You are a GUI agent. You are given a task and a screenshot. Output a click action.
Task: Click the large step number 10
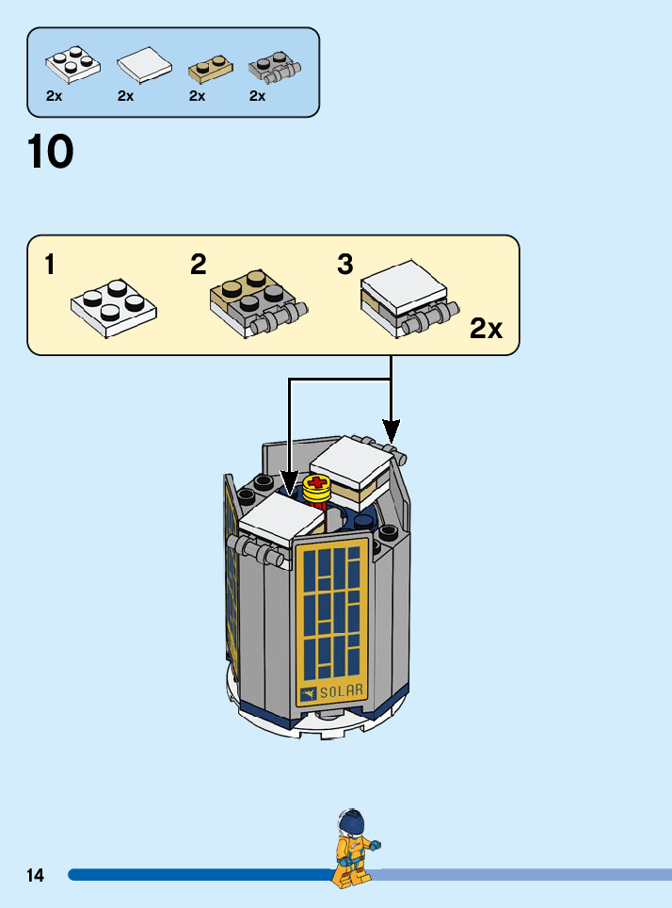coord(51,153)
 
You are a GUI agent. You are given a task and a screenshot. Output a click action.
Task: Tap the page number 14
coord(35,875)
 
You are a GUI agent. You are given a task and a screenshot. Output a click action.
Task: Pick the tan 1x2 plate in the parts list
coord(211,69)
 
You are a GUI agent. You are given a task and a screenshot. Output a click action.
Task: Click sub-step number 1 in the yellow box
coord(50,266)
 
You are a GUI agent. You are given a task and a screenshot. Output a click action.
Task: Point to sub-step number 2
coord(198,265)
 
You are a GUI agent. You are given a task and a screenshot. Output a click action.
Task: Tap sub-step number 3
coord(345,265)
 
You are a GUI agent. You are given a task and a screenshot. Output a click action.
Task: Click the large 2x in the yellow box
coord(487,329)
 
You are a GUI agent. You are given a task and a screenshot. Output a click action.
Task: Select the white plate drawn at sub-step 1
coord(113,306)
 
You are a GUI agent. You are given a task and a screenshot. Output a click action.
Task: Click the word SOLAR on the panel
coord(341,693)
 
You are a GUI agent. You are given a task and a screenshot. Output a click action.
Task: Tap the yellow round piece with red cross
coord(316,488)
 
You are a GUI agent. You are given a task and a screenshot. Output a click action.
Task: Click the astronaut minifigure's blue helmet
coord(352,822)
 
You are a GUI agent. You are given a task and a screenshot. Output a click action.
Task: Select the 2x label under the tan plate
coord(197,96)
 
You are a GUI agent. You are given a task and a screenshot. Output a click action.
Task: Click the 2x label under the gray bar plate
coord(257,96)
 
